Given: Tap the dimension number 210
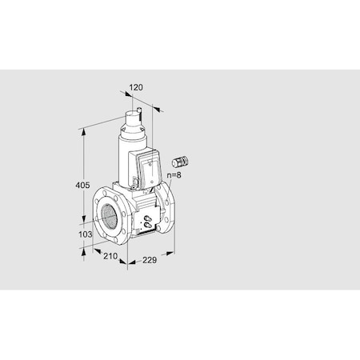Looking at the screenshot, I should point(110,257).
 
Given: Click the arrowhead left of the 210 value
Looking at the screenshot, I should point(86,250).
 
